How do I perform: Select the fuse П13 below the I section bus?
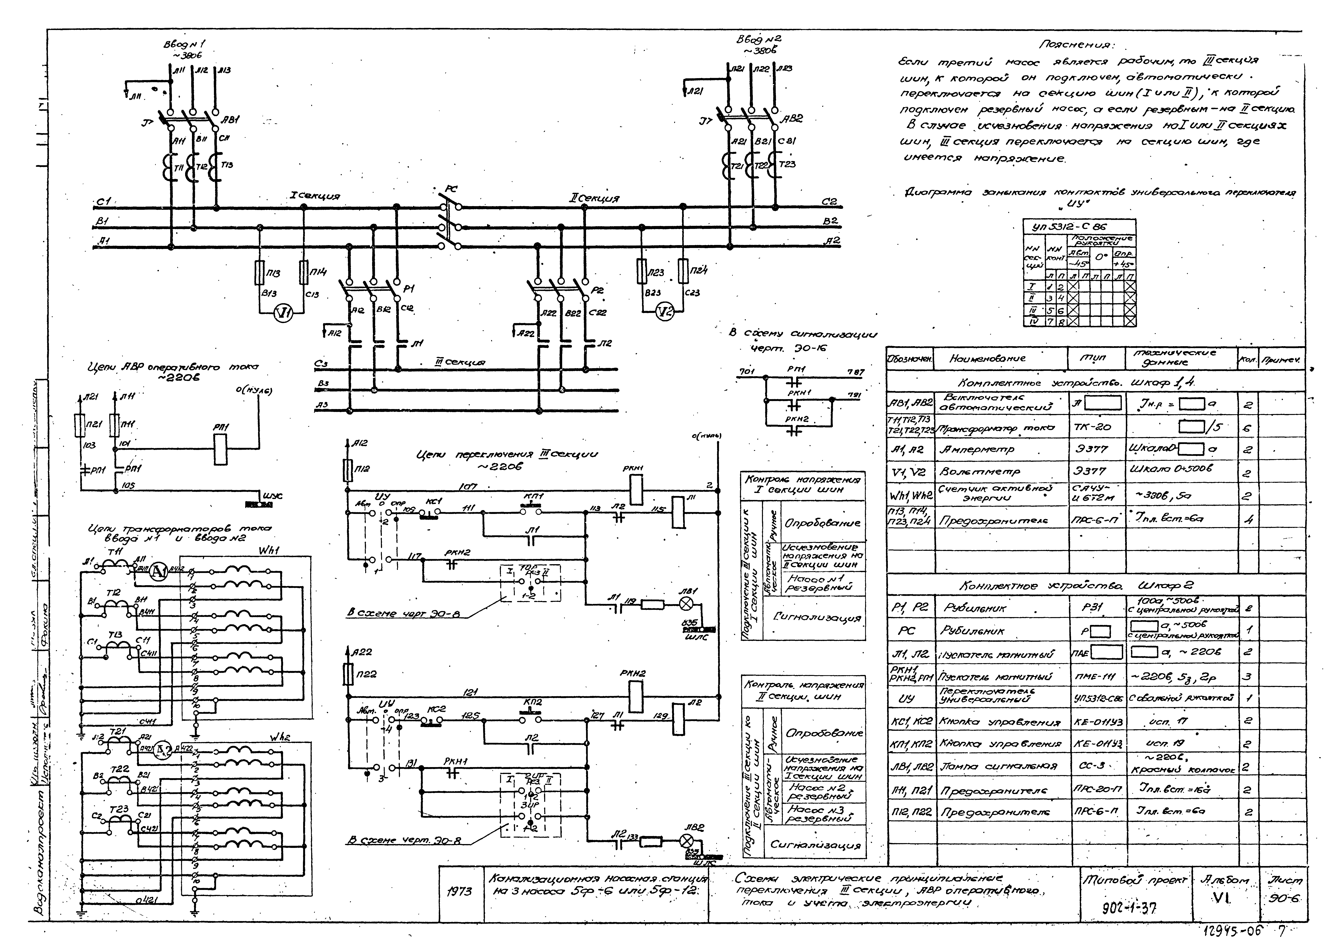point(260,273)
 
